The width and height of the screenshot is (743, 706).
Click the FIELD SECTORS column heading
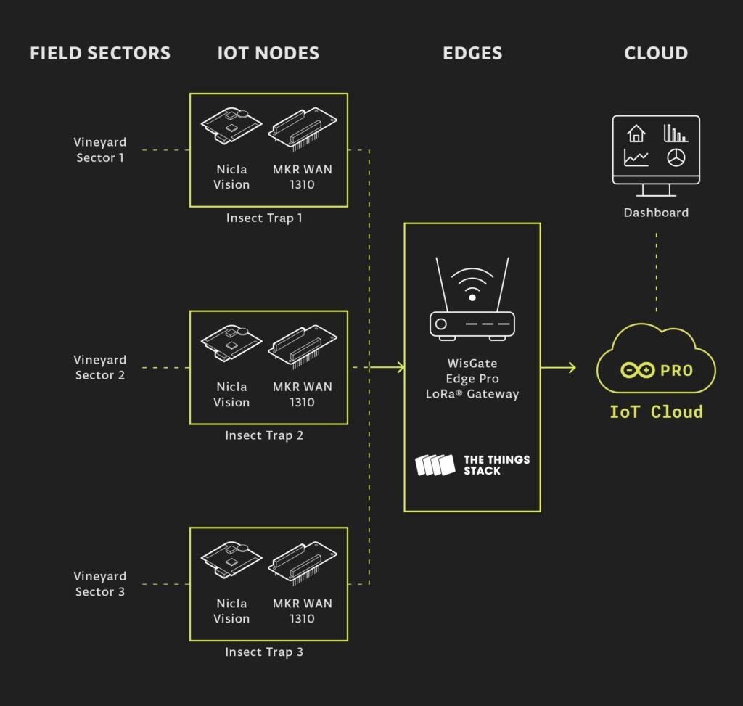[100, 53]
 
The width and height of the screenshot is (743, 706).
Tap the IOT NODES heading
[268, 53]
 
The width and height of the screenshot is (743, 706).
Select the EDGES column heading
[472, 53]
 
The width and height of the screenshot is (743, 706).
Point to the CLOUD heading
[656, 53]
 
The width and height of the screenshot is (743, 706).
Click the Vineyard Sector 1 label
[100, 149]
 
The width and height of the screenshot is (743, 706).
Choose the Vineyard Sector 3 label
[100, 584]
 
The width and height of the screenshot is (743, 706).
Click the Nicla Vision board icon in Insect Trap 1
[231, 125]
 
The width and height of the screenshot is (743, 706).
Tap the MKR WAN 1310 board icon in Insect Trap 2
[303, 346]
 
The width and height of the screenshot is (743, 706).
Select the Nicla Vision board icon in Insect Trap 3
[231, 559]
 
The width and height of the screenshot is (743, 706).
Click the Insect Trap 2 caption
[264, 435]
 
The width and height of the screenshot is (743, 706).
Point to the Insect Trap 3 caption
[264, 652]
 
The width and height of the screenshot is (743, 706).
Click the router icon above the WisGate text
[472, 298]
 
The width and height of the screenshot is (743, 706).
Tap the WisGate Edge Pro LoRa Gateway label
[472, 379]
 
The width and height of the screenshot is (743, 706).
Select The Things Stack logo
[472, 465]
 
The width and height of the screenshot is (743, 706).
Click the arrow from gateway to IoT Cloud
[558, 367]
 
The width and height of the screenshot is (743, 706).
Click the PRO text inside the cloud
[677, 371]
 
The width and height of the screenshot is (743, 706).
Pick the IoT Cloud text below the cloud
[656, 411]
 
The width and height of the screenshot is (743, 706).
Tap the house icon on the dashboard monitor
[636, 134]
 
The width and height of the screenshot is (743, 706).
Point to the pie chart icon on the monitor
[676, 157]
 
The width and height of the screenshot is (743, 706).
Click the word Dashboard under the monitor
[656, 213]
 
